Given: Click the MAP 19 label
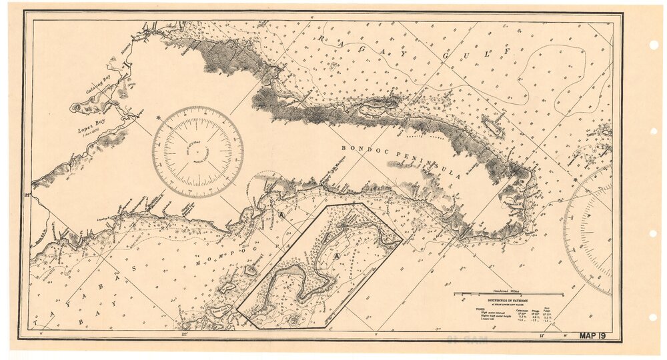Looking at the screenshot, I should click(x=592, y=336).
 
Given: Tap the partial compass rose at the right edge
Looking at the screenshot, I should click(x=590, y=230).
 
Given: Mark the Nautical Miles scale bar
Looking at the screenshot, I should click(x=508, y=293).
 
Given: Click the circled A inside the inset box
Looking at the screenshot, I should click(x=337, y=255).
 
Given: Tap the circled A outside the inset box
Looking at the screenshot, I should click(x=282, y=215).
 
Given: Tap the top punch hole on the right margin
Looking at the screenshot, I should click(x=653, y=45).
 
